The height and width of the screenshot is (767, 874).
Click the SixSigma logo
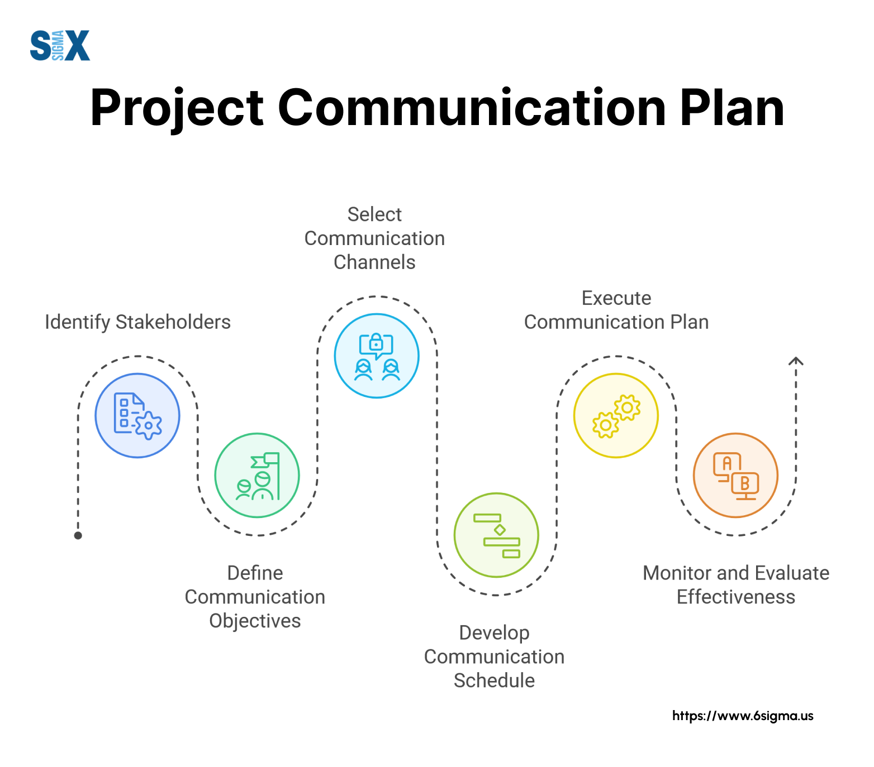coord(60,45)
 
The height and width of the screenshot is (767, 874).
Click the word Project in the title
coord(177,109)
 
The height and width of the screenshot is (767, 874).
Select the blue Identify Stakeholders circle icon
coord(137,415)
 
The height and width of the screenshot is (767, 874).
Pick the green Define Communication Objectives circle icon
coord(257,475)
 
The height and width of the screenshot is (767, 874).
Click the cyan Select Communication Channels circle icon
coord(377,356)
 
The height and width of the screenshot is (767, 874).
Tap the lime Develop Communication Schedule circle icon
coord(496,535)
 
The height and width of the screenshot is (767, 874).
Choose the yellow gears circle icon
coord(616,415)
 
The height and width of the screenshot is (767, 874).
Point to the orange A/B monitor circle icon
coord(735,475)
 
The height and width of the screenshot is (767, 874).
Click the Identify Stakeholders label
coord(137,322)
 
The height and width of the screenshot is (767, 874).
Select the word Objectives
coord(255,621)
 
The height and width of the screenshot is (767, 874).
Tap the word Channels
coord(374,262)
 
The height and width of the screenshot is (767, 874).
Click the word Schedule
coord(494,680)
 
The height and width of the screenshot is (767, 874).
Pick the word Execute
coord(616,298)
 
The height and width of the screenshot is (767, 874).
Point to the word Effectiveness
coord(735,597)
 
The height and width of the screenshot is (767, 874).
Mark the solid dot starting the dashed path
coord(78,535)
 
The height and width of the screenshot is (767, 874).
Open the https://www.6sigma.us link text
coord(743,716)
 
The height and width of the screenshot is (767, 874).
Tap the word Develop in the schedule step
coord(494,633)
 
